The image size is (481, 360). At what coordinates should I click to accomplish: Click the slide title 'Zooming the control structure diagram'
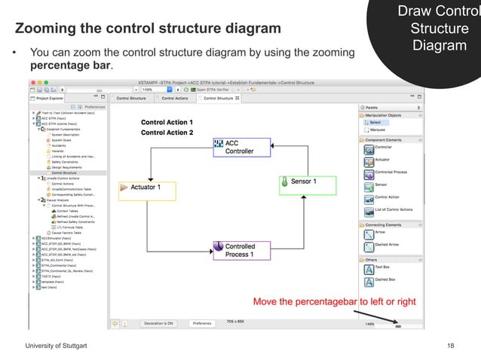click(149, 29)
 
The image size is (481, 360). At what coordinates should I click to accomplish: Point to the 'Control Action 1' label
click(167, 122)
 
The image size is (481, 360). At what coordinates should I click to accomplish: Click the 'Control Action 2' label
click(167, 133)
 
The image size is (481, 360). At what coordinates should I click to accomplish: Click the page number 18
click(451, 344)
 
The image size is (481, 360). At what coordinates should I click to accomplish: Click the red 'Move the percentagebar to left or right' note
click(334, 302)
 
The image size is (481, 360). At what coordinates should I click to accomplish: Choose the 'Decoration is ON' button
click(160, 323)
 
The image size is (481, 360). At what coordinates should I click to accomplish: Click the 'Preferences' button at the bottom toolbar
click(201, 323)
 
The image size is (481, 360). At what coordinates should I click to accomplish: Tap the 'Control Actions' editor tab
click(175, 98)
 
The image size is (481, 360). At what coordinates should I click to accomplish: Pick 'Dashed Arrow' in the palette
click(388, 246)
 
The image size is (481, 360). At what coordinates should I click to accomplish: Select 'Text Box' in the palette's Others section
click(382, 267)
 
